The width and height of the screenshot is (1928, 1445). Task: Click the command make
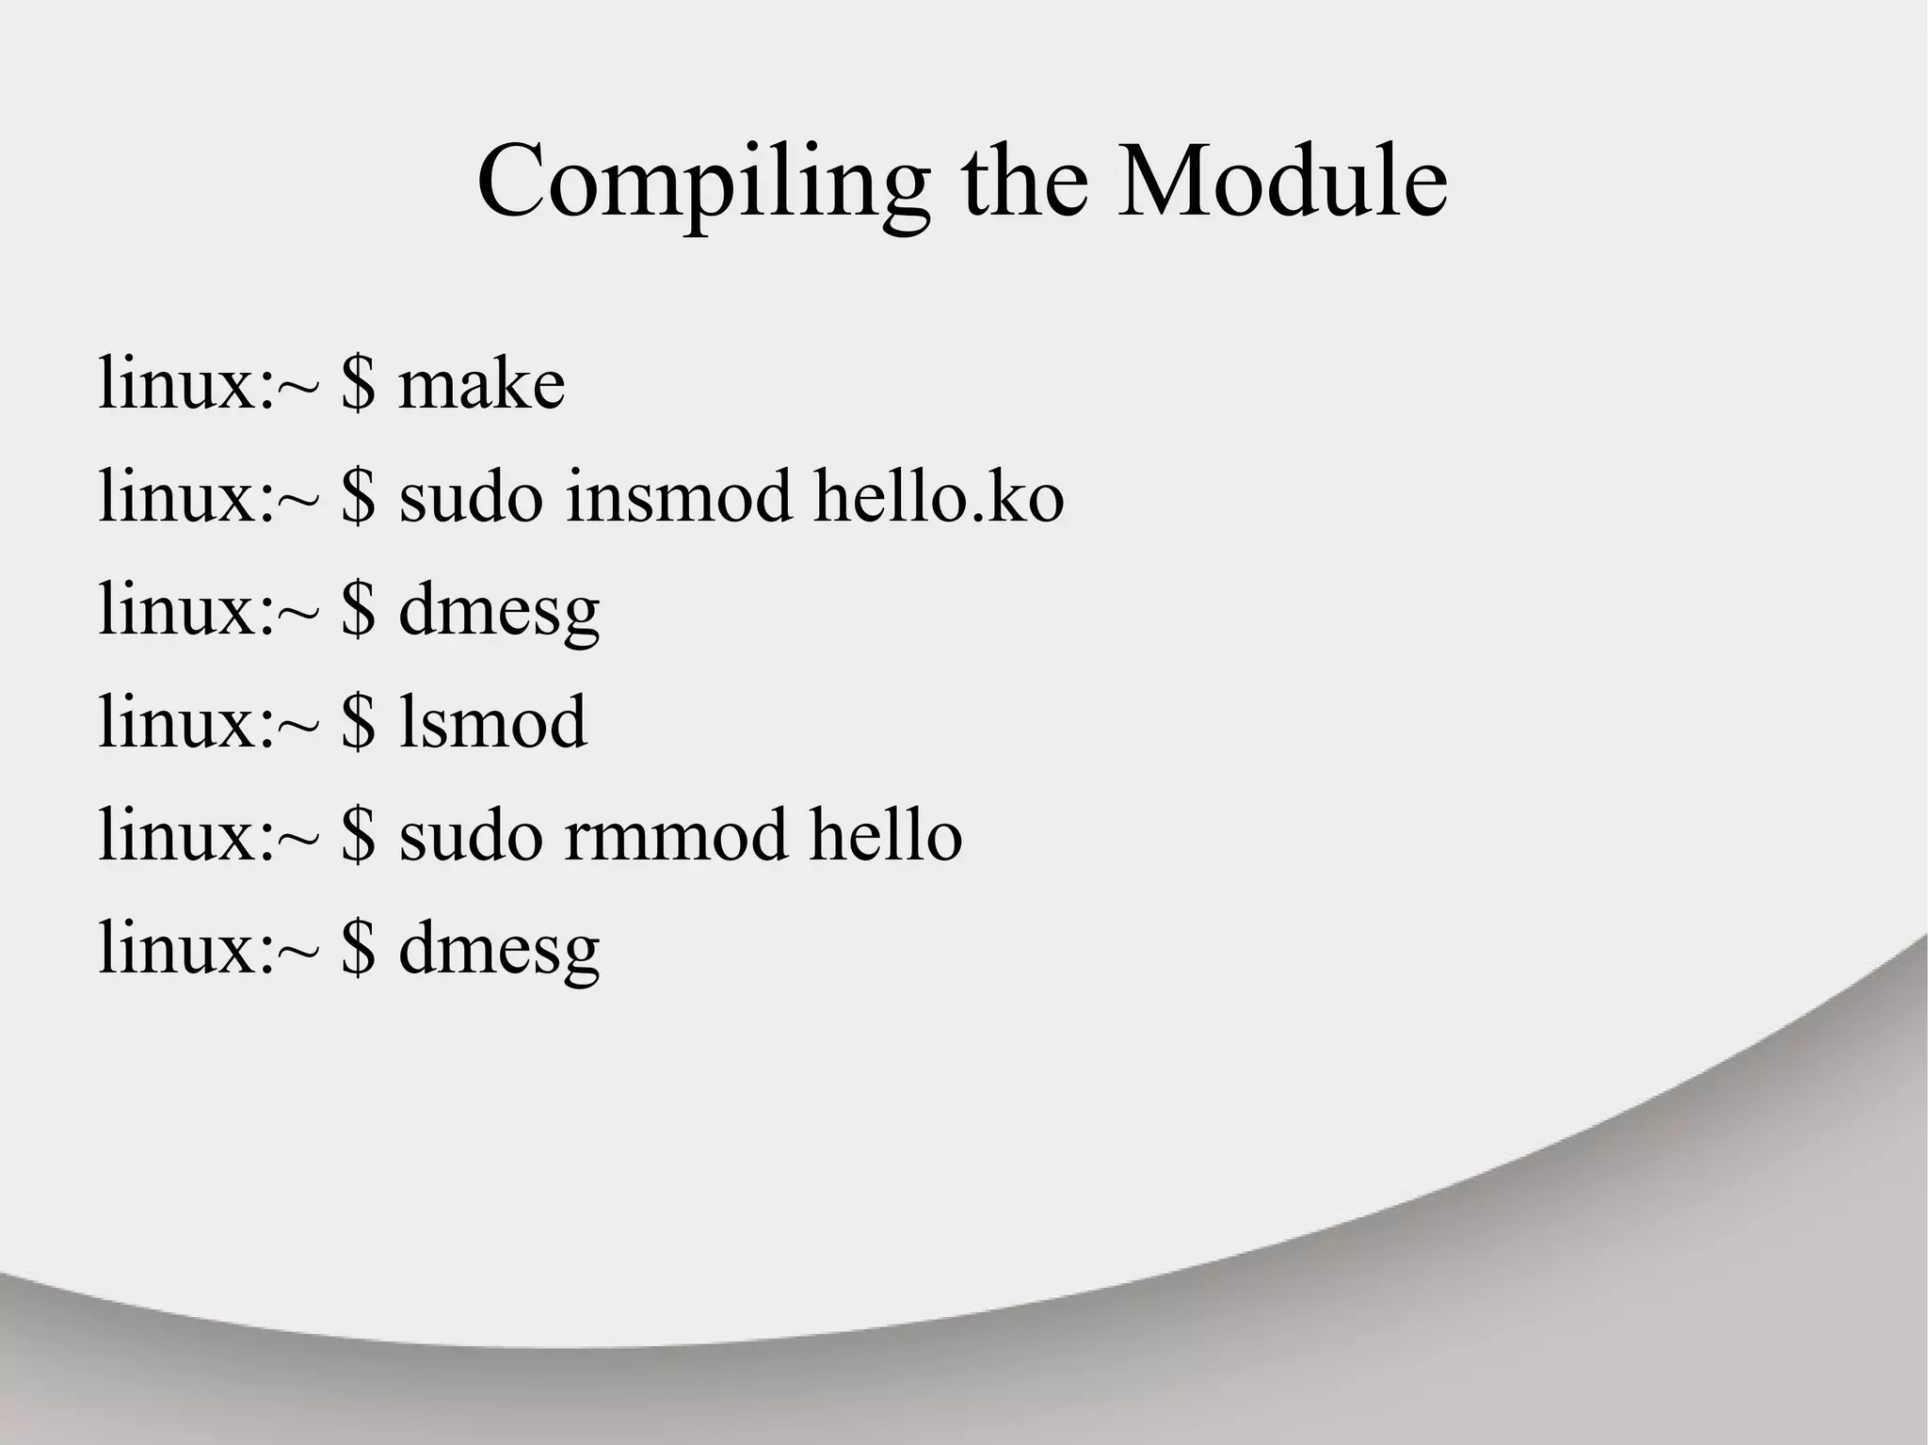(x=482, y=385)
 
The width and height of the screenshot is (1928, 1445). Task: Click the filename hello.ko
(x=939, y=497)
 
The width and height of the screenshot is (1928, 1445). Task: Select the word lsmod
(x=493, y=722)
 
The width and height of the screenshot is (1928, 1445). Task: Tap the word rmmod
(x=676, y=835)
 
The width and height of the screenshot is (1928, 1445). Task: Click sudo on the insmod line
(x=471, y=497)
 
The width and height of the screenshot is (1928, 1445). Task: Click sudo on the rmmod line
(x=471, y=835)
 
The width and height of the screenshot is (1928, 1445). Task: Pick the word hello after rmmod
(x=886, y=835)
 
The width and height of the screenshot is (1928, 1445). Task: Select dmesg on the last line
(x=499, y=950)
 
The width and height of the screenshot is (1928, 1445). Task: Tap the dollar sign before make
(x=358, y=385)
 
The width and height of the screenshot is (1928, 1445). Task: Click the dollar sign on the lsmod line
(x=358, y=722)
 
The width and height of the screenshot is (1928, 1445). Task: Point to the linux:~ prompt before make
(x=208, y=385)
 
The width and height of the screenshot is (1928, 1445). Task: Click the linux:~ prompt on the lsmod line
(x=208, y=722)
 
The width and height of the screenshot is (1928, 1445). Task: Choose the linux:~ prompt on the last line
(x=208, y=948)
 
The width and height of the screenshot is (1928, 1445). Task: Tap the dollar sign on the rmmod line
(x=358, y=835)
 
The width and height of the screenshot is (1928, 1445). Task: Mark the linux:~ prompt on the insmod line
(x=208, y=497)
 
